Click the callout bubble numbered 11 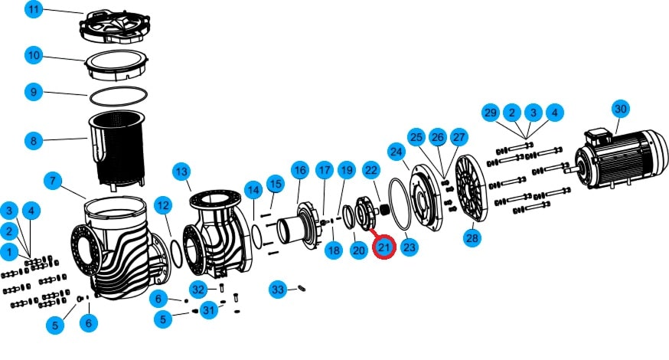point(34,9)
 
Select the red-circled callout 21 point(384,247)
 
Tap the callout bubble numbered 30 point(620,109)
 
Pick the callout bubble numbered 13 point(181,172)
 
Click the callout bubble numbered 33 point(278,290)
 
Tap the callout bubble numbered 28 point(472,238)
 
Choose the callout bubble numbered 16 point(300,170)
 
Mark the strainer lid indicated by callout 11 point(114,27)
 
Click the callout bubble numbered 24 point(397,152)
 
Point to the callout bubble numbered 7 point(53,181)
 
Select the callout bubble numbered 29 point(491,113)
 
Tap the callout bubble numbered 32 point(198,290)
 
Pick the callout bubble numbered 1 point(9,252)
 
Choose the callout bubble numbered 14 point(253,190)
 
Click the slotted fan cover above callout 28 point(472,188)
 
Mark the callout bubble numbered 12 point(163,205)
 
